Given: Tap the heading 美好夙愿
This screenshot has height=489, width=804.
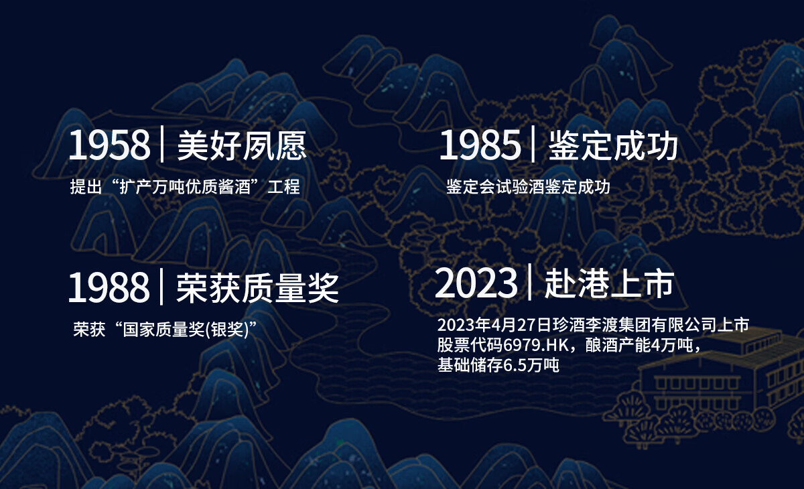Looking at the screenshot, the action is [x=242, y=145].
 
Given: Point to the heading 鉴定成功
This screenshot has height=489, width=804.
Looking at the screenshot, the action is [x=613, y=145].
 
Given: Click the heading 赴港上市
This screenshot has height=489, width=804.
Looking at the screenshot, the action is [x=609, y=283].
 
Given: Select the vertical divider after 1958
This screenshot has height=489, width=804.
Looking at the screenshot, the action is [x=162, y=144].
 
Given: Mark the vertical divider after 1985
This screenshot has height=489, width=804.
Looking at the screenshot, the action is [x=533, y=144].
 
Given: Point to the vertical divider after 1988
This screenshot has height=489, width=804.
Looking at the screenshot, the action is [x=161, y=286].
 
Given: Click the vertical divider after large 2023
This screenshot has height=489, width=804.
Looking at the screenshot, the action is [x=530, y=281].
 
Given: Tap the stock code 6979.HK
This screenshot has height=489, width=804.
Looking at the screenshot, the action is [x=536, y=346].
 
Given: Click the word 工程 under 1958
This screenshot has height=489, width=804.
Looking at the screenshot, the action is [x=283, y=187].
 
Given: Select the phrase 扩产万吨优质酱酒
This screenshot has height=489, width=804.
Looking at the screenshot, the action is [x=185, y=187].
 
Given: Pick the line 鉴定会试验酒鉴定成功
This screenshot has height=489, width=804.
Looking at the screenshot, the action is [x=528, y=187].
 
